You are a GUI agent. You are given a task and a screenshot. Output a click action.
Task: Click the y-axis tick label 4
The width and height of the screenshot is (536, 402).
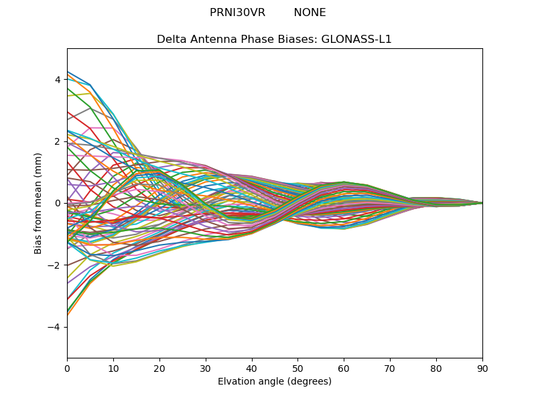click(58, 80)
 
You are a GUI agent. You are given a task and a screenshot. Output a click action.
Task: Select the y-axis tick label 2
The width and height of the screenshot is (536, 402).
click(58, 141)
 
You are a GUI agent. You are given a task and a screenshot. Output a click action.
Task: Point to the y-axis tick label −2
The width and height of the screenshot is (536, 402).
click(55, 265)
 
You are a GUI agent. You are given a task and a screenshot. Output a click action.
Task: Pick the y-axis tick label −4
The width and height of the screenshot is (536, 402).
click(55, 327)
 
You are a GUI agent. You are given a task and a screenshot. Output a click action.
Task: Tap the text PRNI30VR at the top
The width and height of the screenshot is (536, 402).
click(237, 13)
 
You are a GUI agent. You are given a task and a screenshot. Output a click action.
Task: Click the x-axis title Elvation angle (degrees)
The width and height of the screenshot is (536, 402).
click(275, 382)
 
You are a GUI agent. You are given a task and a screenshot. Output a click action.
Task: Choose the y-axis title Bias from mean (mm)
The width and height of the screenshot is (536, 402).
click(38, 203)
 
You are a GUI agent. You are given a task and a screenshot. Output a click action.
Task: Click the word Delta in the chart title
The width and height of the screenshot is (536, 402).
click(170, 40)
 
